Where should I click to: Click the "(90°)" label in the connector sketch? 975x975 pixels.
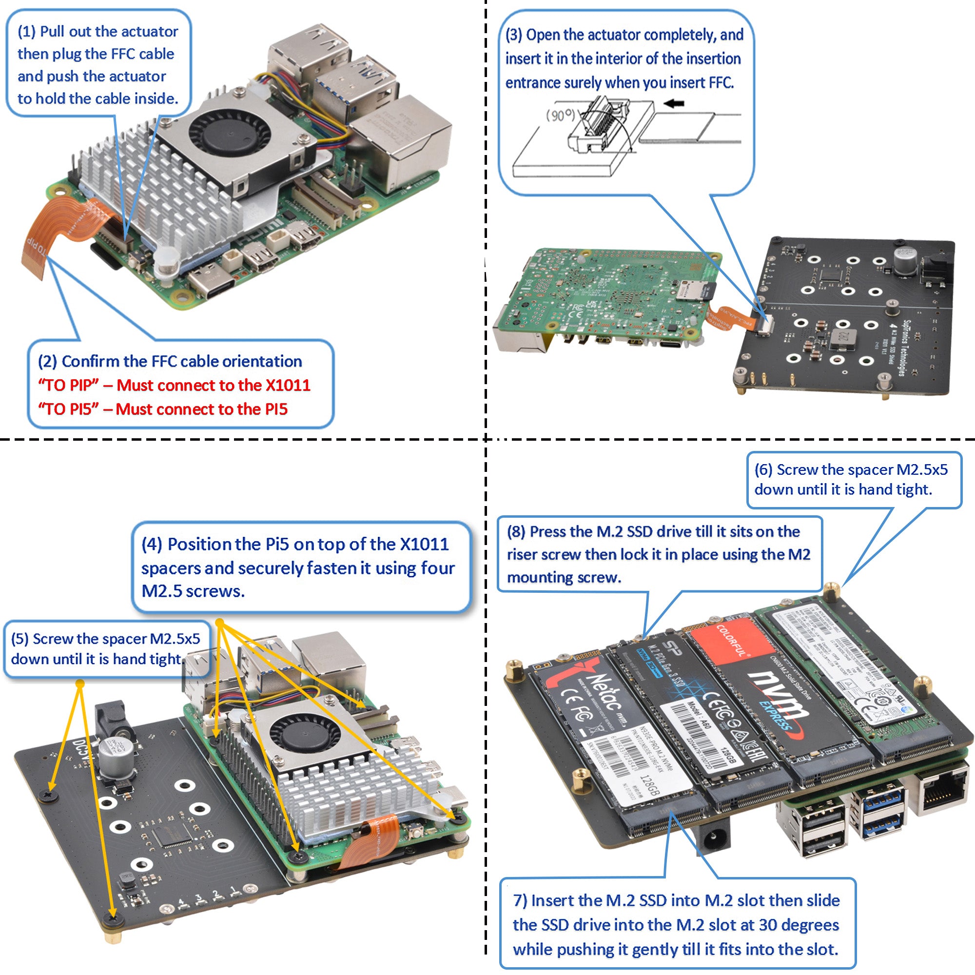point(560,116)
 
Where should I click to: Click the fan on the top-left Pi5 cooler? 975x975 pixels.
point(230,133)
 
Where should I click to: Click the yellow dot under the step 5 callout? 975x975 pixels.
point(80,683)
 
